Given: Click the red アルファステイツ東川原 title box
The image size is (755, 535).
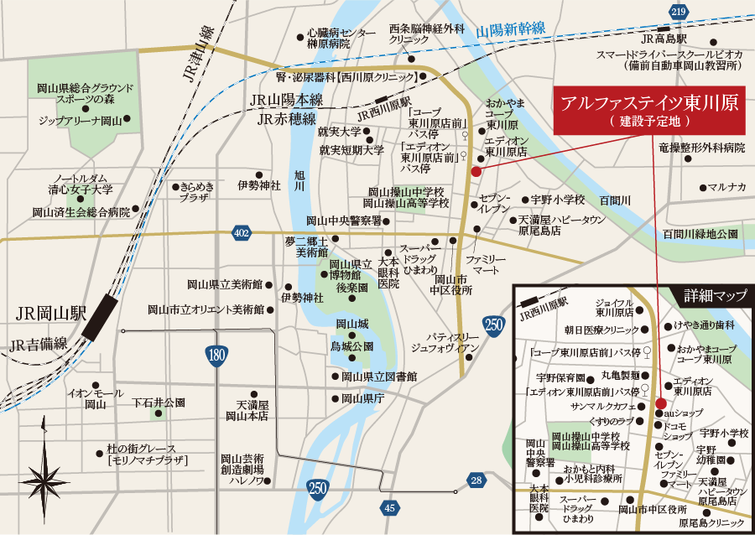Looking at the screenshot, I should [x=648, y=110].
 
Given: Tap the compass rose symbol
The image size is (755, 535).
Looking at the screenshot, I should [x=45, y=480].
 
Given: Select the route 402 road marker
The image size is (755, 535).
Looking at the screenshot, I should [x=242, y=231].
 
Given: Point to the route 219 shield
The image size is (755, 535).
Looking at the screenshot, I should [x=679, y=11].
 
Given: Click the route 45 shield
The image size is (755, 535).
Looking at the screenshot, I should [x=389, y=507].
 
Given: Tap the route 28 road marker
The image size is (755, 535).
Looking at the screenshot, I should [x=476, y=480].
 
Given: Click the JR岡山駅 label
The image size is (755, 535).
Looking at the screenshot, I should [x=50, y=314].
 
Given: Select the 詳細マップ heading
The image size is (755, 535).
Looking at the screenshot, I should [x=715, y=295].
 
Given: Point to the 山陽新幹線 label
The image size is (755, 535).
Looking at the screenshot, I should [x=511, y=30].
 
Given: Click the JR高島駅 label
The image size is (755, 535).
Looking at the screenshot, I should [x=664, y=39].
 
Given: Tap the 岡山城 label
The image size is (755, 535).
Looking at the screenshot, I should [x=352, y=325].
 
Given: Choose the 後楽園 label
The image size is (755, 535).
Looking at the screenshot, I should [x=353, y=288].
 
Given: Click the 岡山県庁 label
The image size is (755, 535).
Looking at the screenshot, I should [x=362, y=399].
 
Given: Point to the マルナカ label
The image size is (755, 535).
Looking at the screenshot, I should [x=726, y=186].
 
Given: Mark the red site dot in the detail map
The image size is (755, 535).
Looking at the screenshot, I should [x=660, y=403].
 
